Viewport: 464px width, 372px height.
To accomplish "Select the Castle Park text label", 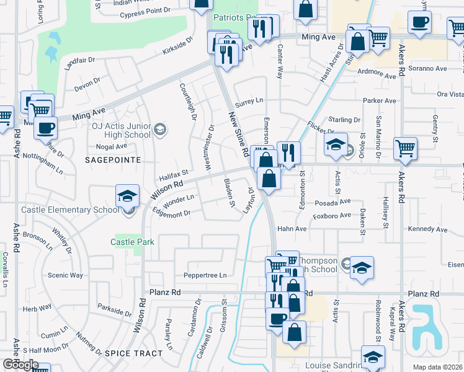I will coord(133,242).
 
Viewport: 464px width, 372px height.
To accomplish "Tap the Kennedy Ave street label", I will coord(428,229).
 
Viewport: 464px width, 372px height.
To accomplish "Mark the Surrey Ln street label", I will coord(251,100).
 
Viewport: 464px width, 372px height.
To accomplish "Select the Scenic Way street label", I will coord(66,275).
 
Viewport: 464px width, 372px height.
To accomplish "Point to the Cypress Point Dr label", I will coord(145,11).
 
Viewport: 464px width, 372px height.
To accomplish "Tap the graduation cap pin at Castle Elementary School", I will coord(127,197).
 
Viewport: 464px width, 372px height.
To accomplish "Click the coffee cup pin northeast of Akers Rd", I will coord(419,22).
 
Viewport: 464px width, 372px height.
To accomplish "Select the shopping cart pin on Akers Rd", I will coord(405,148).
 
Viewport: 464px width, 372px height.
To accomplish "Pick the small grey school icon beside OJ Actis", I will coord(160,129).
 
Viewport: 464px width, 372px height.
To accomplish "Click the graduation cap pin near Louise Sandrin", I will coord(373,358).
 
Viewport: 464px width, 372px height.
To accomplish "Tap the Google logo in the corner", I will coord(20,365).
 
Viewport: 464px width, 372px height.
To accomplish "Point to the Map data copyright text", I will coord(438,367).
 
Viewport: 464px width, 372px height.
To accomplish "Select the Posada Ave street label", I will coord(332,201).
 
